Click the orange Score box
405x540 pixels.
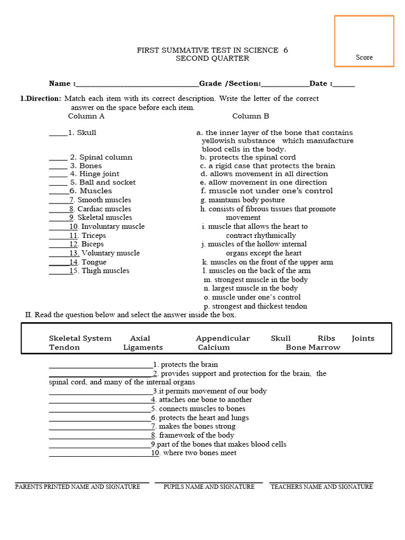pyautogui.click(x=364, y=41)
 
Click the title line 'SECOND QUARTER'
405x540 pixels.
pyautogui.click(x=212, y=59)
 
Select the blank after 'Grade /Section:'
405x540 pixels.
pyautogui.click(x=285, y=84)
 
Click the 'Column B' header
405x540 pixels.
pyautogui.click(x=250, y=116)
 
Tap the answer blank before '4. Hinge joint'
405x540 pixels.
pyautogui.click(x=58, y=175)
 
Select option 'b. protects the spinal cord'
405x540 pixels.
pyautogui.click(x=248, y=157)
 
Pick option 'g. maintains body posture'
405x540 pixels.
pyautogui.click(x=243, y=200)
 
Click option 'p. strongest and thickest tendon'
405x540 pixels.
pyautogui.click(x=255, y=306)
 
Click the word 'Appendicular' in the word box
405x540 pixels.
pyautogui.click(x=223, y=339)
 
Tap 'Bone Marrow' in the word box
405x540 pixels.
pyautogui.click(x=313, y=348)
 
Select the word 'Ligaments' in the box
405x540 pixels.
pyautogui.click(x=143, y=348)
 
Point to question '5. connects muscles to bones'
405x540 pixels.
pyautogui.click(x=198, y=409)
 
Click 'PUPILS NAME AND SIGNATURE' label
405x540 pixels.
pyautogui.click(x=209, y=487)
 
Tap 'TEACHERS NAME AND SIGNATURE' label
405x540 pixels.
pyautogui.click(x=322, y=487)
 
